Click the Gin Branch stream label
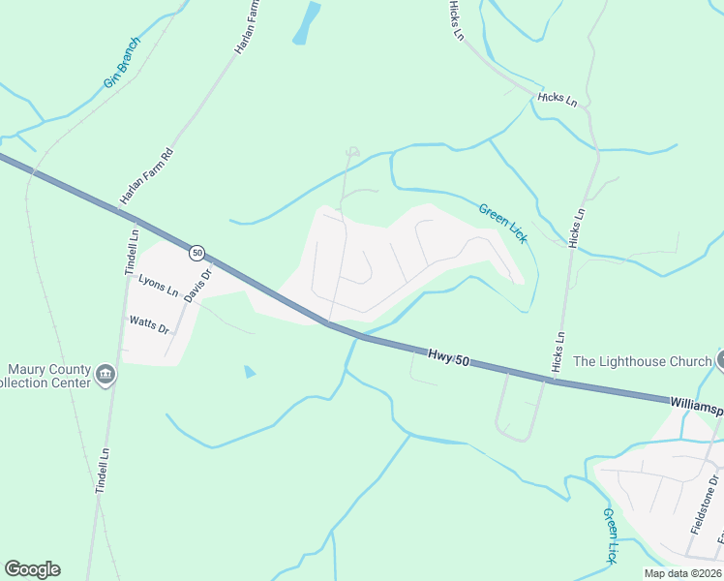(123, 63)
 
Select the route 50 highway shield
(197, 253)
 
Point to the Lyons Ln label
(159, 285)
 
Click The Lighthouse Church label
(642, 361)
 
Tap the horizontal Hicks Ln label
(558, 99)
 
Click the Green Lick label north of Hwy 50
(502, 223)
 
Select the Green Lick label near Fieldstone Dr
(610, 535)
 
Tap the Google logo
(32, 569)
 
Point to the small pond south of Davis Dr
(251, 371)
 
